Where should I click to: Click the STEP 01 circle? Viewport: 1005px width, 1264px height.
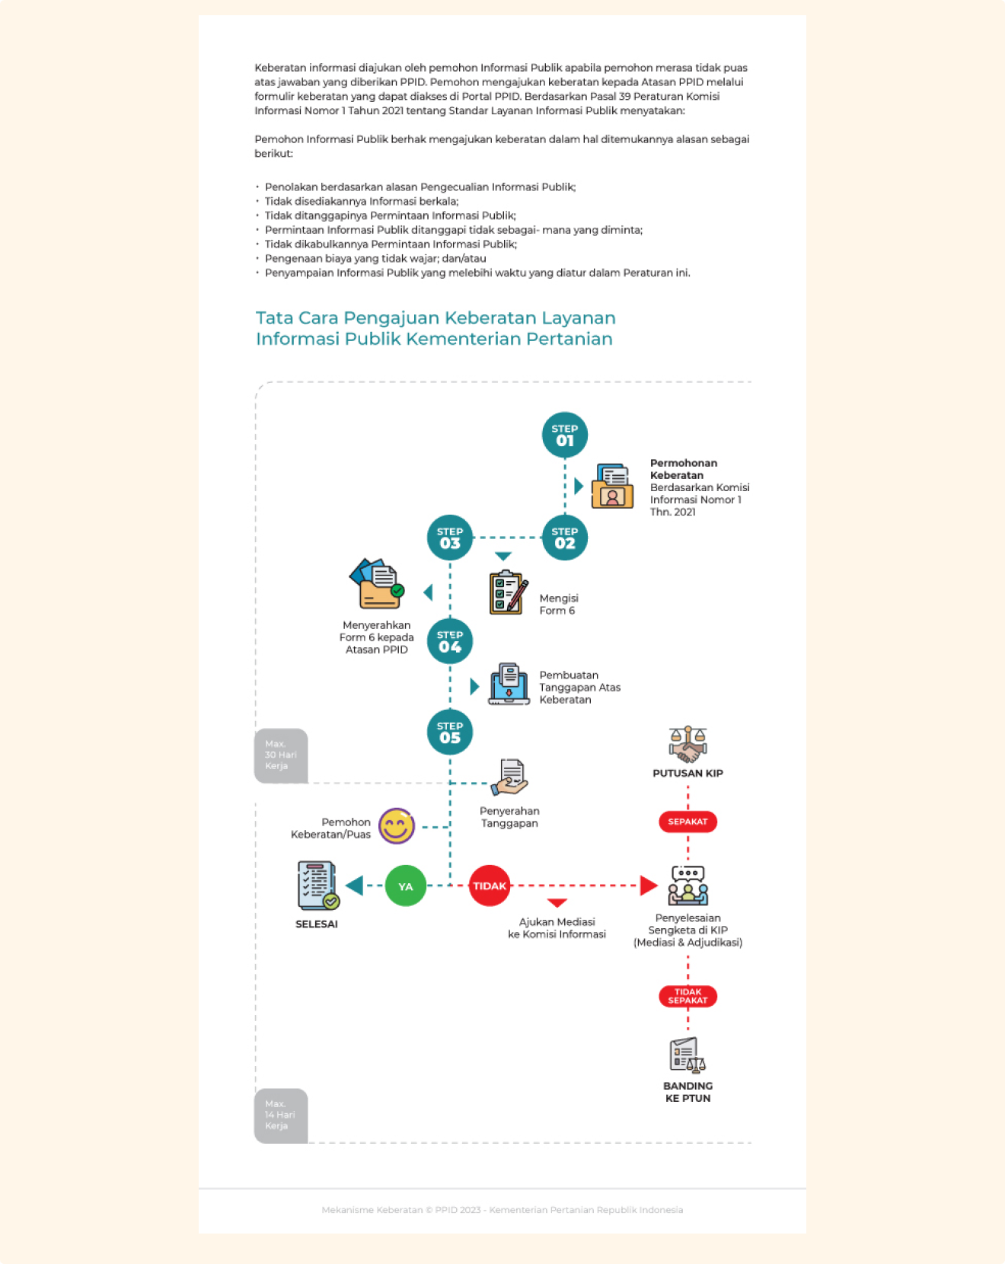tap(564, 435)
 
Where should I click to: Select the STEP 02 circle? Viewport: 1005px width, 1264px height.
tap(564, 538)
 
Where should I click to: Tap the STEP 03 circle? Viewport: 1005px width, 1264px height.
tap(450, 538)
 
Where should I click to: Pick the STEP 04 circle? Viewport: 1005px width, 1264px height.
tap(450, 641)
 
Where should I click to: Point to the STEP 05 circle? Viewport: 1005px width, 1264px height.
tap(450, 732)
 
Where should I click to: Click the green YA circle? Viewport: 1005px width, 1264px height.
tap(405, 886)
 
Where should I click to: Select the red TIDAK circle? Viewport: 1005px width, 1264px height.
tap(490, 886)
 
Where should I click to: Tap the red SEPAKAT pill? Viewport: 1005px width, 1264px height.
tap(688, 822)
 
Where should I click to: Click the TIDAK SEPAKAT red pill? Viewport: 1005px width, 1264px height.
tap(688, 996)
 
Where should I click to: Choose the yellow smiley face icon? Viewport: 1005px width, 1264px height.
tap(397, 826)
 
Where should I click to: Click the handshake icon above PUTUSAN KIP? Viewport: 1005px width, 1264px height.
tap(688, 744)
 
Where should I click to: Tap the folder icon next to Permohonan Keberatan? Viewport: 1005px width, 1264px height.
tap(613, 487)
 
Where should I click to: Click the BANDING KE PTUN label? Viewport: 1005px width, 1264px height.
tap(688, 1092)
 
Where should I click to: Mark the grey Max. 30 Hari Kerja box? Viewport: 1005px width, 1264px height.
tap(281, 755)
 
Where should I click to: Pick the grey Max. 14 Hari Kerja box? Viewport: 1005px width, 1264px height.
tap(281, 1115)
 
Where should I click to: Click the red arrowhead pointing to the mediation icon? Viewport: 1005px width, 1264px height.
tap(649, 886)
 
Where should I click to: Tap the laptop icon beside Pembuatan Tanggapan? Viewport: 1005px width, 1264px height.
tap(509, 684)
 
